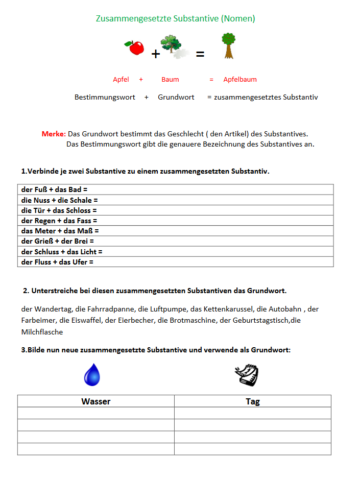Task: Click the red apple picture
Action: point(135,48)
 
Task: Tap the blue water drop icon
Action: point(92,375)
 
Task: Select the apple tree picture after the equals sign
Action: point(228,46)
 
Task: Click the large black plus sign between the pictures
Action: point(156,54)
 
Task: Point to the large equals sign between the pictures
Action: point(200,53)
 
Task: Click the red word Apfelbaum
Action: point(240,80)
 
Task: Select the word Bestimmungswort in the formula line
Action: point(105,97)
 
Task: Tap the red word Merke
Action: point(53,134)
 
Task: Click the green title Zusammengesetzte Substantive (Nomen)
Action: point(175,19)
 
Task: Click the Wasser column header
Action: point(96,401)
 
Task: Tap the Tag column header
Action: point(253,401)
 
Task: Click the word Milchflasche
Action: point(42,332)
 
